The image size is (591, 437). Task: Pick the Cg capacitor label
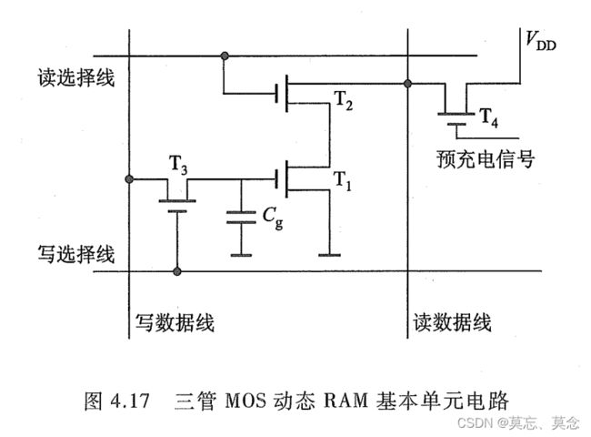[272, 218]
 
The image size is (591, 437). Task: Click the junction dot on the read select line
[223, 56]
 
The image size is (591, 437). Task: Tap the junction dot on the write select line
[177, 271]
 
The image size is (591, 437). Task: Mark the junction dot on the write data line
[132, 178]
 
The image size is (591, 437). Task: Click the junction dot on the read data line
[406, 84]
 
